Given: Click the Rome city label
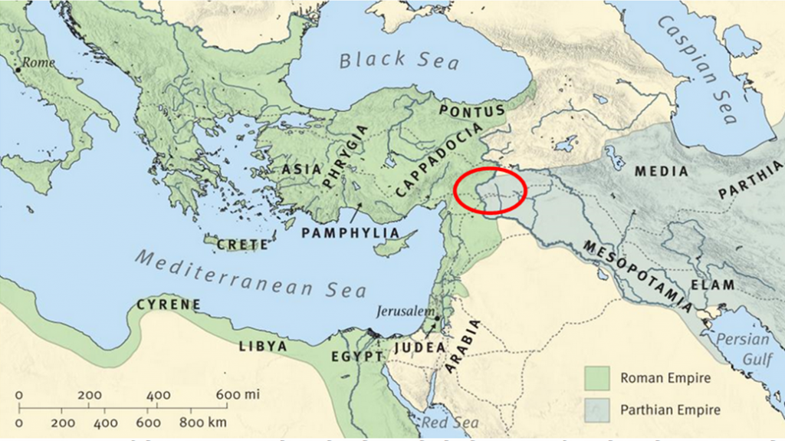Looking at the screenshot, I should pyautogui.click(x=39, y=62).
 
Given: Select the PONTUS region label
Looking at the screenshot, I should pyautogui.click(x=472, y=112).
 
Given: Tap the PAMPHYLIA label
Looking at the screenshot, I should pyautogui.click(x=351, y=232).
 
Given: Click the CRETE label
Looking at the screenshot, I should pyautogui.click(x=242, y=245).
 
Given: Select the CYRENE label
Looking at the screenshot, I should pyautogui.click(x=169, y=304).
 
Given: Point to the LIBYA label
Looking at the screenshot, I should pyautogui.click(x=262, y=347).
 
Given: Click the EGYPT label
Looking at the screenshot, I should pyautogui.click(x=356, y=357).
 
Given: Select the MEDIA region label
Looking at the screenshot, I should pyautogui.click(x=662, y=172).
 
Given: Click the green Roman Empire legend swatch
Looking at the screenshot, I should pyautogui.click(x=596, y=378).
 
